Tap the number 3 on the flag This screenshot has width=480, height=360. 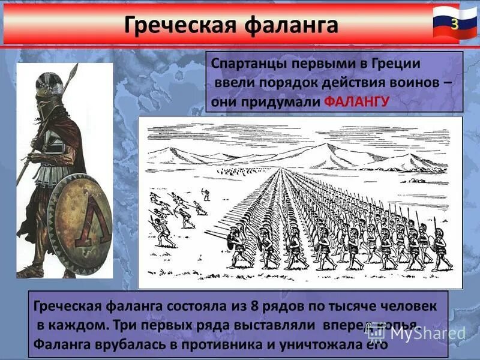pyautogui.click(x=455, y=24)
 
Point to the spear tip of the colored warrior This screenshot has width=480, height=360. pyautogui.click(x=75, y=69)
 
